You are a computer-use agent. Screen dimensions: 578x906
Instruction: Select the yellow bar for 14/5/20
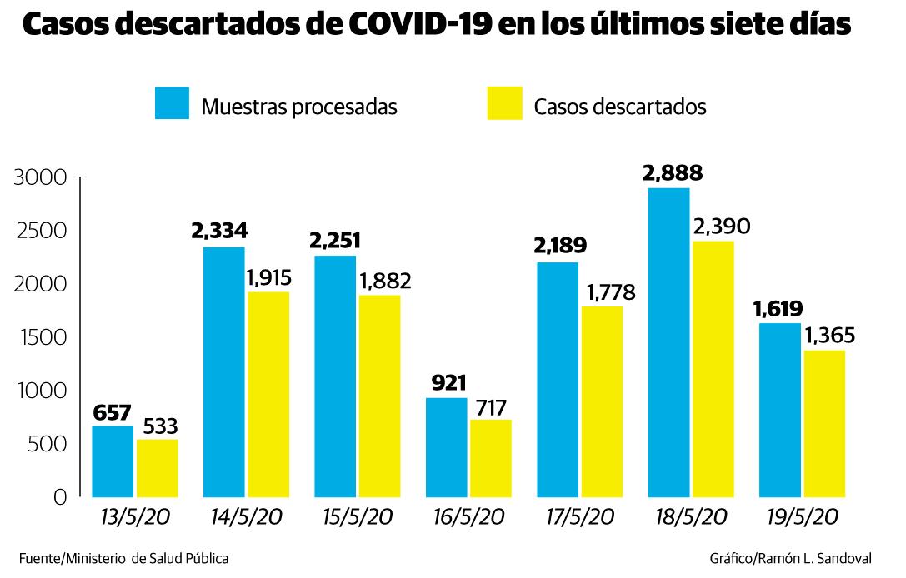[268, 393]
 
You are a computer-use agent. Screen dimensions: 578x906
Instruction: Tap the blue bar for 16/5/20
[446, 446]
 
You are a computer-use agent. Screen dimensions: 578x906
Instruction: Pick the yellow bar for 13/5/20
[157, 467]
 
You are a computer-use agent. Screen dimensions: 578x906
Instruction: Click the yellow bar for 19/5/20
[824, 423]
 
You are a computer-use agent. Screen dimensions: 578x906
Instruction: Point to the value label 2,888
[672, 173]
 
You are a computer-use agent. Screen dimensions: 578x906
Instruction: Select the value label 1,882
[384, 281]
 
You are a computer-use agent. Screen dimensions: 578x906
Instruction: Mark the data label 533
[158, 426]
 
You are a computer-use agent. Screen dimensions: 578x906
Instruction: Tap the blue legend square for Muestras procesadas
[172, 103]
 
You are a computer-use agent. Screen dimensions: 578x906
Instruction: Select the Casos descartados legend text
[619, 107]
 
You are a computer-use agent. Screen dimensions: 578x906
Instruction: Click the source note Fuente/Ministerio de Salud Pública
[123, 558]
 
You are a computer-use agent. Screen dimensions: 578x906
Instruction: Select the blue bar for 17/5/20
[557, 379]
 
